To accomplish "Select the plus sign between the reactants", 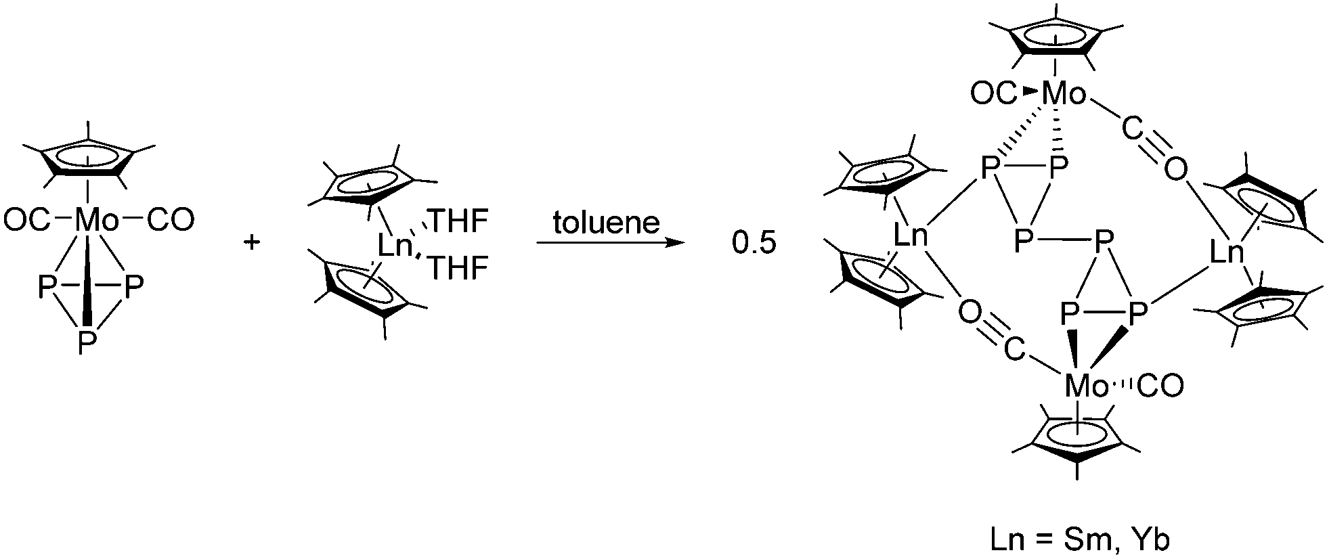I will tap(252, 243).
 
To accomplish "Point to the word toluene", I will tap(606, 223).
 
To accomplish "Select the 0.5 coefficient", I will tap(753, 244).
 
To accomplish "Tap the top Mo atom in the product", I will tap(1064, 94).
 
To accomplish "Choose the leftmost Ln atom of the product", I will tap(911, 236).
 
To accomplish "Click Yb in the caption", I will tap(1153, 539).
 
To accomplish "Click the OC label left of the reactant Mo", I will tap(26, 220).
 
